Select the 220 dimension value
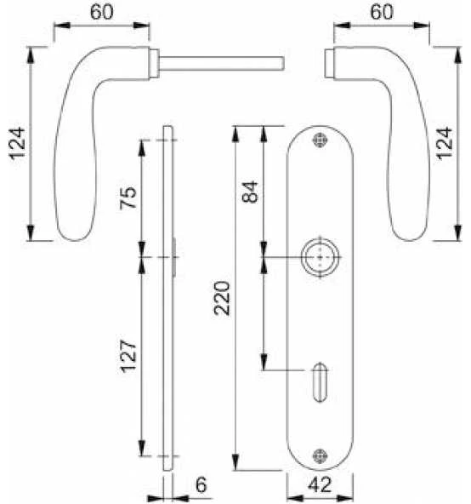click(x=223, y=299)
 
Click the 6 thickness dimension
click(x=200, y=484)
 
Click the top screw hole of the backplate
click(x=319, y=140)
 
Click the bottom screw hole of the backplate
click(x=319, y=455)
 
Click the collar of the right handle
click(x=332, y=63)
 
